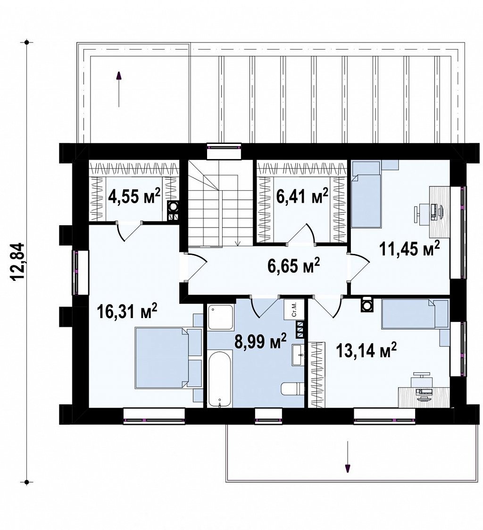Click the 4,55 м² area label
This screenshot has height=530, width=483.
(x=134, y=196)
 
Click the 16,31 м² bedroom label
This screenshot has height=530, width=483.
(x=127, y=311)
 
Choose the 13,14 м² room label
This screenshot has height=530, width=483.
(x=366, y=351)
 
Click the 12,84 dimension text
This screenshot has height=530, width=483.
(x=18, y=261)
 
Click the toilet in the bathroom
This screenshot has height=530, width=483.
(x=292, y=389)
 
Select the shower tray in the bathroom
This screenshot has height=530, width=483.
(x=221, y=317)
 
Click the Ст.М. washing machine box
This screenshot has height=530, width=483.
(x=294, y=309)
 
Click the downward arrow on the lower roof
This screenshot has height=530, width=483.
(x=347, y=456)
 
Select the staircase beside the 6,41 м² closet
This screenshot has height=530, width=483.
(x=220, y=202)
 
